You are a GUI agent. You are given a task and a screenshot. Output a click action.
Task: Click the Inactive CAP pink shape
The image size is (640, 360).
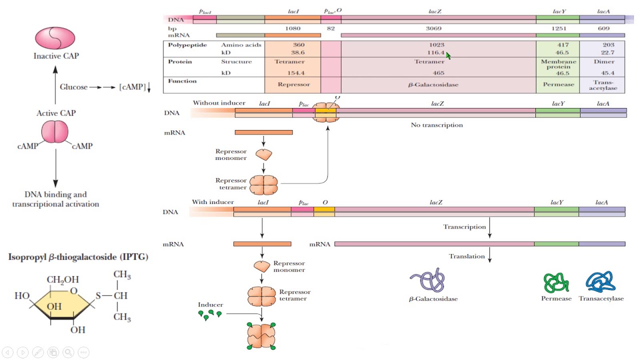pyautogui.click(x=55, y=38)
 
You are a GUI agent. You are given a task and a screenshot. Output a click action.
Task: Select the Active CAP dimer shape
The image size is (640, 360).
pyautogui.click(x=55, y=132)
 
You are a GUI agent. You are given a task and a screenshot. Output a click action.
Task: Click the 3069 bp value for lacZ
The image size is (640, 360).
pyautogui.click(x=433, y=28)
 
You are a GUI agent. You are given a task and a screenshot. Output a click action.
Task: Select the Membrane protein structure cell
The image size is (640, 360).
pyautogui.click(x=558, y=64)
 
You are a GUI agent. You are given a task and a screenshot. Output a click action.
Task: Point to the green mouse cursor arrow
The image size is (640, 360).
pyautogui.click(x=448, y=56)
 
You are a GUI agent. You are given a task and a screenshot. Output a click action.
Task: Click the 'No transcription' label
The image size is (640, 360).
pyautogui.click(x=436, y=125)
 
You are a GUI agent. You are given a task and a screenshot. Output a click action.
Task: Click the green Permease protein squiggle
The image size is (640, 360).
pyautogui.click(x=556, y=282)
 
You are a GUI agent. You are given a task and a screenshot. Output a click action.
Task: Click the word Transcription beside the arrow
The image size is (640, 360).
pyautogui.click(x=464, y=227)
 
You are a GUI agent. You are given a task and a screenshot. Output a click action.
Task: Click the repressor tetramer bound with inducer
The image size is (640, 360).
pyautogui.click(x=261, y=335)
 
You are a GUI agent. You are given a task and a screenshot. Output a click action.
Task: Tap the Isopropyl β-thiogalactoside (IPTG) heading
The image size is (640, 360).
pyautogui.click(x=78, y=257)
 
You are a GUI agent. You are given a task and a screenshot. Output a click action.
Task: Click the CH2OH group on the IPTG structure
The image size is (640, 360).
pyautogui.click(x=63, y=279)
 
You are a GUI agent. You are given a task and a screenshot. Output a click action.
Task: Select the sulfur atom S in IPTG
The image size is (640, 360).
pyautogui.click(x=98, y=295)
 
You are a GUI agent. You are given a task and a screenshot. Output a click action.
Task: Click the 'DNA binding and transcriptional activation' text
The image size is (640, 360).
pyautogui.click(x=55, y=199)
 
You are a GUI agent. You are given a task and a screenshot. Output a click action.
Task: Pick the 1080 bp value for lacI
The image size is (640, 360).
pyautogui.click(x=292, y=28)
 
